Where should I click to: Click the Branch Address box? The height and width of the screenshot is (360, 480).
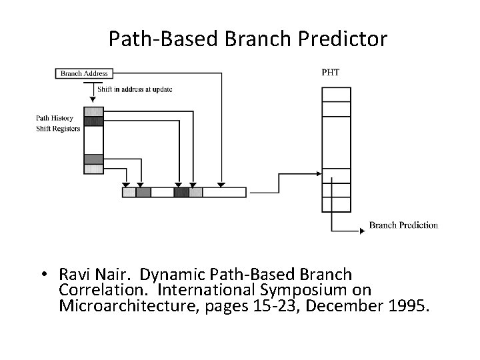click(x=84, y=73)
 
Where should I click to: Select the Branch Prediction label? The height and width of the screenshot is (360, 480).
click(x=403, y=225)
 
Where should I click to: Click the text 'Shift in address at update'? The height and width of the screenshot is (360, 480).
click(x=135, y=90)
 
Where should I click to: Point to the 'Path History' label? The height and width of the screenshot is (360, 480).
click(x=54, y=119)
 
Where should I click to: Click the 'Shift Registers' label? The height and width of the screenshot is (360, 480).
click(x=57, y=128)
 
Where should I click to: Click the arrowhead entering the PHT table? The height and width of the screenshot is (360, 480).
click(x=318, y=176)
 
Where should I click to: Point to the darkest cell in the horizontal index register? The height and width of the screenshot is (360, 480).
click(x=181, y=192)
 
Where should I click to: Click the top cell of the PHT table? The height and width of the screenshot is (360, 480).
click(x=335, y=93)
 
